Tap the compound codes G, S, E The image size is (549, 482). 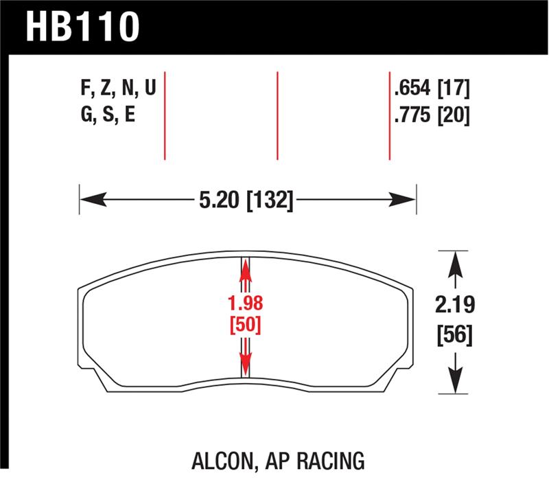click(108, 115)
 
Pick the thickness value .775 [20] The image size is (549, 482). click(432, 115)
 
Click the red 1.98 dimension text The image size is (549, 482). click(246, 303)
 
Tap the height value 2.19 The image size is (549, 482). click(454, 304)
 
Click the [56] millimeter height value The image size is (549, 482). click(454, 336)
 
